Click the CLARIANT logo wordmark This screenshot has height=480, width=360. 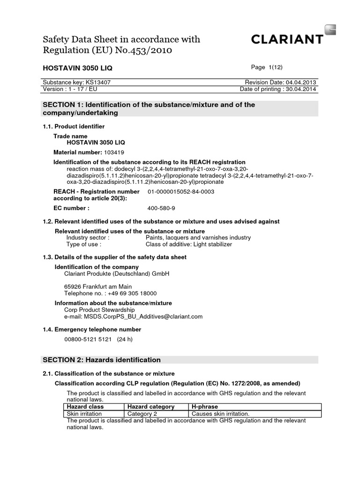[x=287, y=39]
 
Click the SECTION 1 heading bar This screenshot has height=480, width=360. [x=180, y=109]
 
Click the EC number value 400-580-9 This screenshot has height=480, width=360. [x=161, y=208]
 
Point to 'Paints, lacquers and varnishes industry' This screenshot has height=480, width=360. [x=198, y=238]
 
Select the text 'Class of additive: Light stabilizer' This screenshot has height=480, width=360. [x=188, y=244]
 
